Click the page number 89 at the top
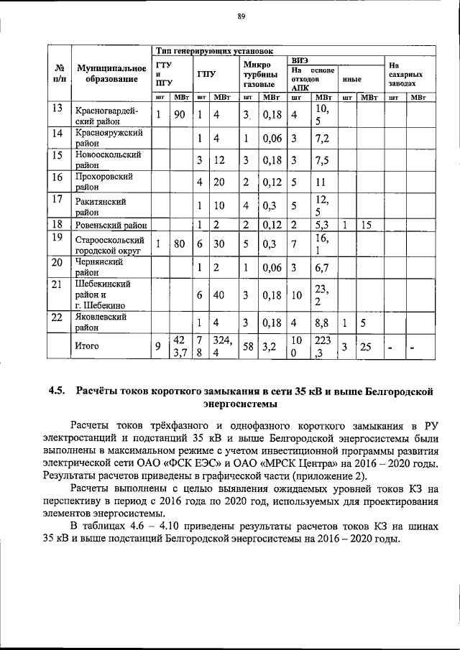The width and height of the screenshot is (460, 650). coord(241,17)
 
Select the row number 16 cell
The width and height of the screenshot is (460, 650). coord(57,177)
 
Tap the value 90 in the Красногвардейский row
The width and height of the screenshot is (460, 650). coord(180,114)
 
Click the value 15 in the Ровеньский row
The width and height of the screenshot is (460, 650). coord(366,225)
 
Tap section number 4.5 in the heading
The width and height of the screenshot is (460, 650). coord(57,391)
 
